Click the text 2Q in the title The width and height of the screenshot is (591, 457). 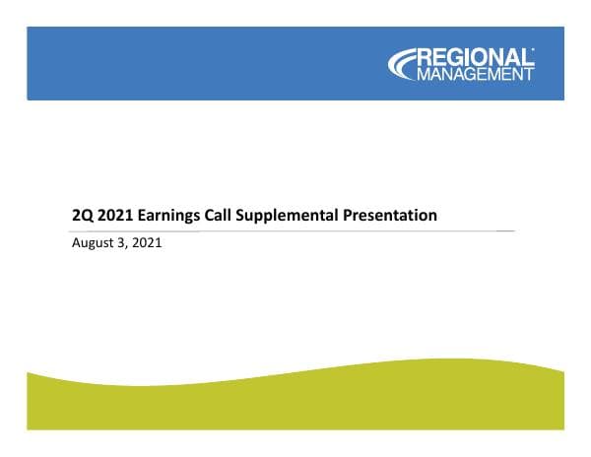[84, 215]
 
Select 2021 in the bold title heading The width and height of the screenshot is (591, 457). [118, 215]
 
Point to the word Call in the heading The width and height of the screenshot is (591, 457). [230, 215]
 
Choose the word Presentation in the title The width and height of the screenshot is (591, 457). [392, 215]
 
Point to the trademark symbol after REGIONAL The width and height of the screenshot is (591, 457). [533, 49]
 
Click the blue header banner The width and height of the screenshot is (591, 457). [197, 64]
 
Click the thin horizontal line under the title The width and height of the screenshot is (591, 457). [295, 230]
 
